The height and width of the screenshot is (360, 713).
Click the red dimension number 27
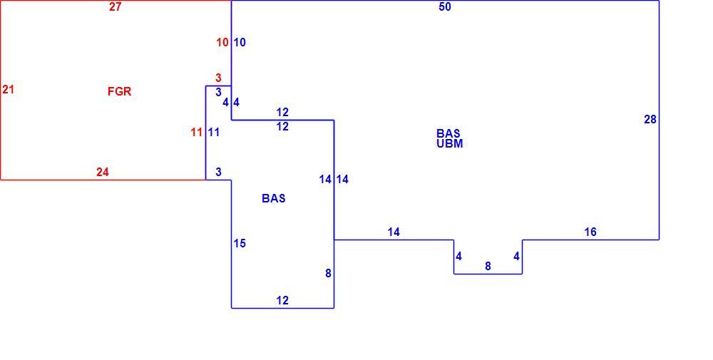tap(115, 7)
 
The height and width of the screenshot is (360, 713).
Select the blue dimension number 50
tap(445, 7)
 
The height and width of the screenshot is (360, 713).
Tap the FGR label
tap(120, 91)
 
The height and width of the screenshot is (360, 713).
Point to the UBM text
tap(450, 143)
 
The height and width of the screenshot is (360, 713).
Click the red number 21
tap(8, 90)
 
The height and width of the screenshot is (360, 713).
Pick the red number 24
tap(102, 173)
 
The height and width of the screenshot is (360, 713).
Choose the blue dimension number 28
tap(650, 119)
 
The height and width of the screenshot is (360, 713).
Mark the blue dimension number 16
tap(590, 232)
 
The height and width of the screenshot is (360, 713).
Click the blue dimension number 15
tap(240, 244)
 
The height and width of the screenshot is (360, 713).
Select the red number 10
tap(222, 43)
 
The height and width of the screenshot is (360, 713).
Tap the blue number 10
tap(240, 43)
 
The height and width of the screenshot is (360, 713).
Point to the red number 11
tap(197, 133)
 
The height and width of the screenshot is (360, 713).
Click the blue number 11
tap(214, 133)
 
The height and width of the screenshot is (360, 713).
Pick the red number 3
tap(218, 78)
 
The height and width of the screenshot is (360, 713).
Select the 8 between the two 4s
tap(488, 267)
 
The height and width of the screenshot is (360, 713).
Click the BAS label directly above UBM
tap(448, 133)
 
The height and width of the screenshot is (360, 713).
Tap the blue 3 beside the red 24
tap(218, 173)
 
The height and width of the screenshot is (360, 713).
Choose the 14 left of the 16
tap(394, 232)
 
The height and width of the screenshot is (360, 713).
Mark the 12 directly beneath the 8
tap(282, 300)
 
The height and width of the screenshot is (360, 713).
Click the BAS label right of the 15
tap(274, 198)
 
